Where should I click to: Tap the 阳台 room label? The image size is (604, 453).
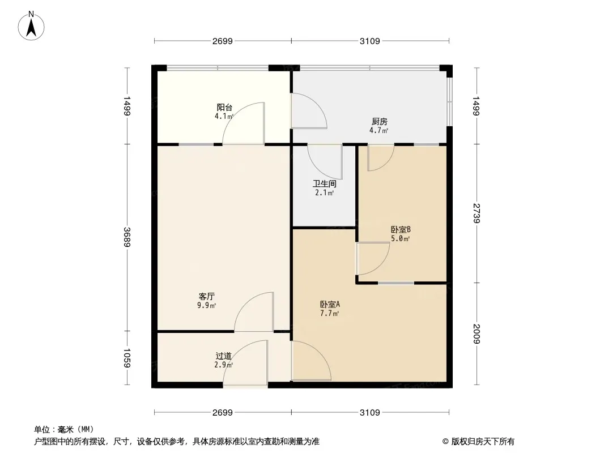tap(224, 107)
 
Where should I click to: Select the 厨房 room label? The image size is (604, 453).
tap(380, 122)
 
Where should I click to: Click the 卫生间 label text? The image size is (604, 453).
tap(325, 184)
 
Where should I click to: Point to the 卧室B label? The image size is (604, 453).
tap(400, 230)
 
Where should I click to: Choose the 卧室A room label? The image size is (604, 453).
tap(330, 304)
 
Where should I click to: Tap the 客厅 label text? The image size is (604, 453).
tap(206, 296)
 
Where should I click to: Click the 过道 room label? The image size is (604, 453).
tap(223, 356)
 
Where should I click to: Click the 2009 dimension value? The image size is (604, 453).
tap(477, 334)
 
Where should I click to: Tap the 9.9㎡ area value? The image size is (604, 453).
tap(207, 305)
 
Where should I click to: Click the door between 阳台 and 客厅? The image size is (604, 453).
tap(244, 125)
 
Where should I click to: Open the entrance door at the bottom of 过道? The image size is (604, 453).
tap(245, 365)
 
